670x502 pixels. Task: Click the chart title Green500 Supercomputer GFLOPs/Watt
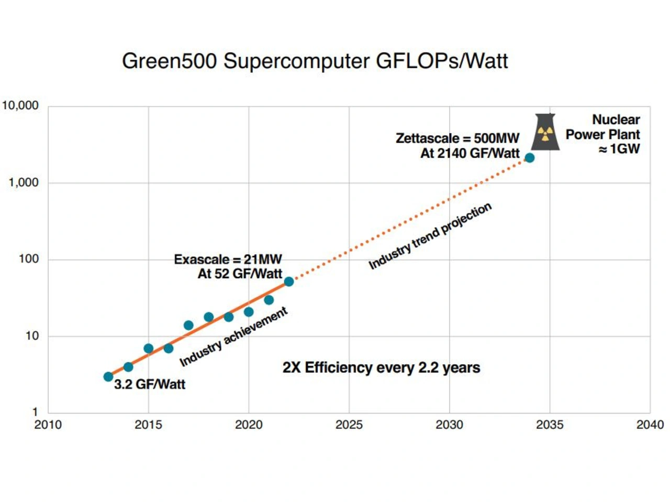(315, 61)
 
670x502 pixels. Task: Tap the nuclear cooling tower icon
(545, 132)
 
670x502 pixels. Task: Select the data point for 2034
(530, 158)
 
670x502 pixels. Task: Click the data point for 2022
(289, 282)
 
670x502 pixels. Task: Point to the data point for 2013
(108, 377)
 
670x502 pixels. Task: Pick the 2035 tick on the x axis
(550, 425)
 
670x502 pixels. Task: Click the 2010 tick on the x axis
(48, 425)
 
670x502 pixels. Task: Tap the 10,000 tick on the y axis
(21, 106)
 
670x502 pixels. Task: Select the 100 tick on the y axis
(29, 259)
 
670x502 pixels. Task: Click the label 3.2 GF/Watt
(150, 385)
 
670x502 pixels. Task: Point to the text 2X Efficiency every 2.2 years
(381, 368)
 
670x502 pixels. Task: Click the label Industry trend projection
(430, 236)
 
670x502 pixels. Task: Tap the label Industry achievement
(233, 337)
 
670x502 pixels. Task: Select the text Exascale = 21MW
(228, 259)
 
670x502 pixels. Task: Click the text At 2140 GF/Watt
(470, 154)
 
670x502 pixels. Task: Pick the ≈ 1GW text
(619, 149)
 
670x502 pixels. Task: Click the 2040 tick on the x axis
(650, 425)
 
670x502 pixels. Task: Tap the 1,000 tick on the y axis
(24, 182)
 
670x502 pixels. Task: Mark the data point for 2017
(188, 325)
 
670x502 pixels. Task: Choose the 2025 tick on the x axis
(349, 425)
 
